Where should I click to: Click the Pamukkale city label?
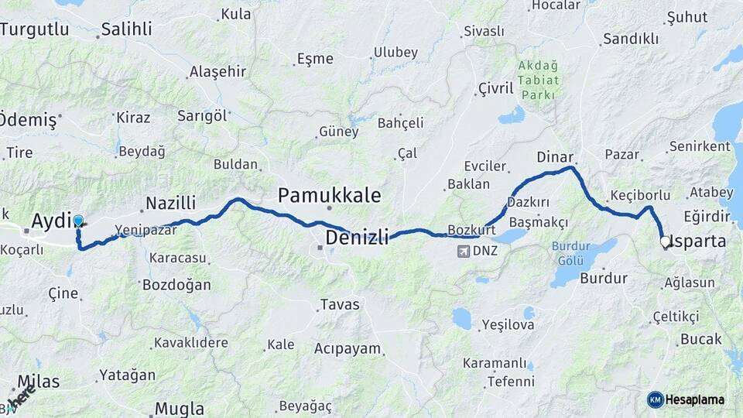(329, 195)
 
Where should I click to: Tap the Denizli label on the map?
(357, 237)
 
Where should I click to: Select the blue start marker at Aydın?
(78, 221)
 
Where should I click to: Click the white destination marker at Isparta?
(665, 242)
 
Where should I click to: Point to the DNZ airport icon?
(464, 251)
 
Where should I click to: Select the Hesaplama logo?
(686, 399)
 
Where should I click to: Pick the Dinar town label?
(555, 157)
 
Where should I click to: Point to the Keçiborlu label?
(639, 195)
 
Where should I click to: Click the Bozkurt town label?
(471, 230)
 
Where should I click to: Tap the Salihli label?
(127, 30)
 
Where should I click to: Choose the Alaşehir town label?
(217, 72)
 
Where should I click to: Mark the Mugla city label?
(180, 408)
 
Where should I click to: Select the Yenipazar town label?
(142, 230)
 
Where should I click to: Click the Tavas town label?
(339, 304)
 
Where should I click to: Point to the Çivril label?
(495, 88)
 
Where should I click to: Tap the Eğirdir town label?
(707, 216)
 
